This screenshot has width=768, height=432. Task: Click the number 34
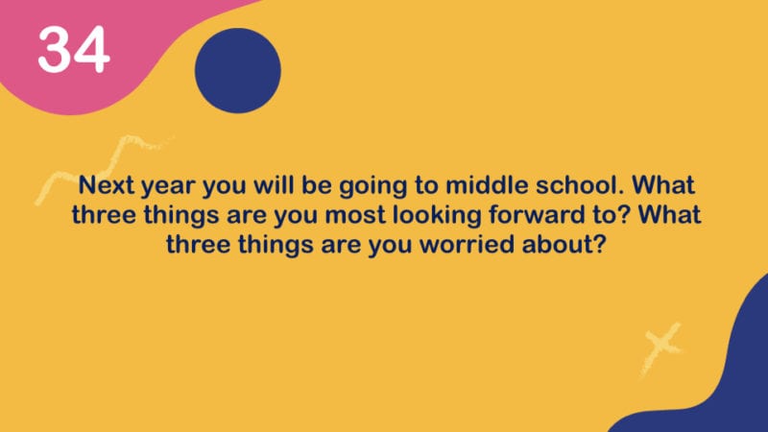coord(74,50)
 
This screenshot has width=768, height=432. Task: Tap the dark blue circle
coord(238,70)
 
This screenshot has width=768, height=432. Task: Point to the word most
coord(355,215)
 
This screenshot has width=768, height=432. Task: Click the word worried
coord(468,244)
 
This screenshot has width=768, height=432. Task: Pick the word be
coord(317,184)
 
